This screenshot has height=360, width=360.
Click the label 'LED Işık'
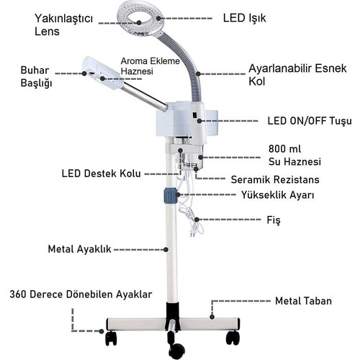244,18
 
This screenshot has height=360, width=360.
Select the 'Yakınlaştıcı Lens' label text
63,24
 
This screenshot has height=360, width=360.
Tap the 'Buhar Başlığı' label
36,76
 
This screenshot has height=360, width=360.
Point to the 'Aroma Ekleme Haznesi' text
150,66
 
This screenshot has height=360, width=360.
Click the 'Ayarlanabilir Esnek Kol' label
297,75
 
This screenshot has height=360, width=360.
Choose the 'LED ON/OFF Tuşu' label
310,121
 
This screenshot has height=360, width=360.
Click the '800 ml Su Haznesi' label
294,156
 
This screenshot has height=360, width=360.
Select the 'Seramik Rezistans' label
275,179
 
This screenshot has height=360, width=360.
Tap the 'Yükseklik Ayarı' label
278,195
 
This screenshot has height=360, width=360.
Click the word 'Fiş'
274,220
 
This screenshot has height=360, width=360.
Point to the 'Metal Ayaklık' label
79,249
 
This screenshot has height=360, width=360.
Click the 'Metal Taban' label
303,301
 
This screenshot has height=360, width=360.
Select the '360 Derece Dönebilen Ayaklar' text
81,294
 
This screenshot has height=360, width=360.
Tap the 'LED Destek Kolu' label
101,174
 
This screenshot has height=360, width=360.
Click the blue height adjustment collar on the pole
171,196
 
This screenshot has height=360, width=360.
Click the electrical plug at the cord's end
193,233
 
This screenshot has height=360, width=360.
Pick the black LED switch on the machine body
194,115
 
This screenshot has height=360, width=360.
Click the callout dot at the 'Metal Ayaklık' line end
166,250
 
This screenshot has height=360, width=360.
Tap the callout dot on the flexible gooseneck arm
198,73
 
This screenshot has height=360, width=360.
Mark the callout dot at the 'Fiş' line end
197,220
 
